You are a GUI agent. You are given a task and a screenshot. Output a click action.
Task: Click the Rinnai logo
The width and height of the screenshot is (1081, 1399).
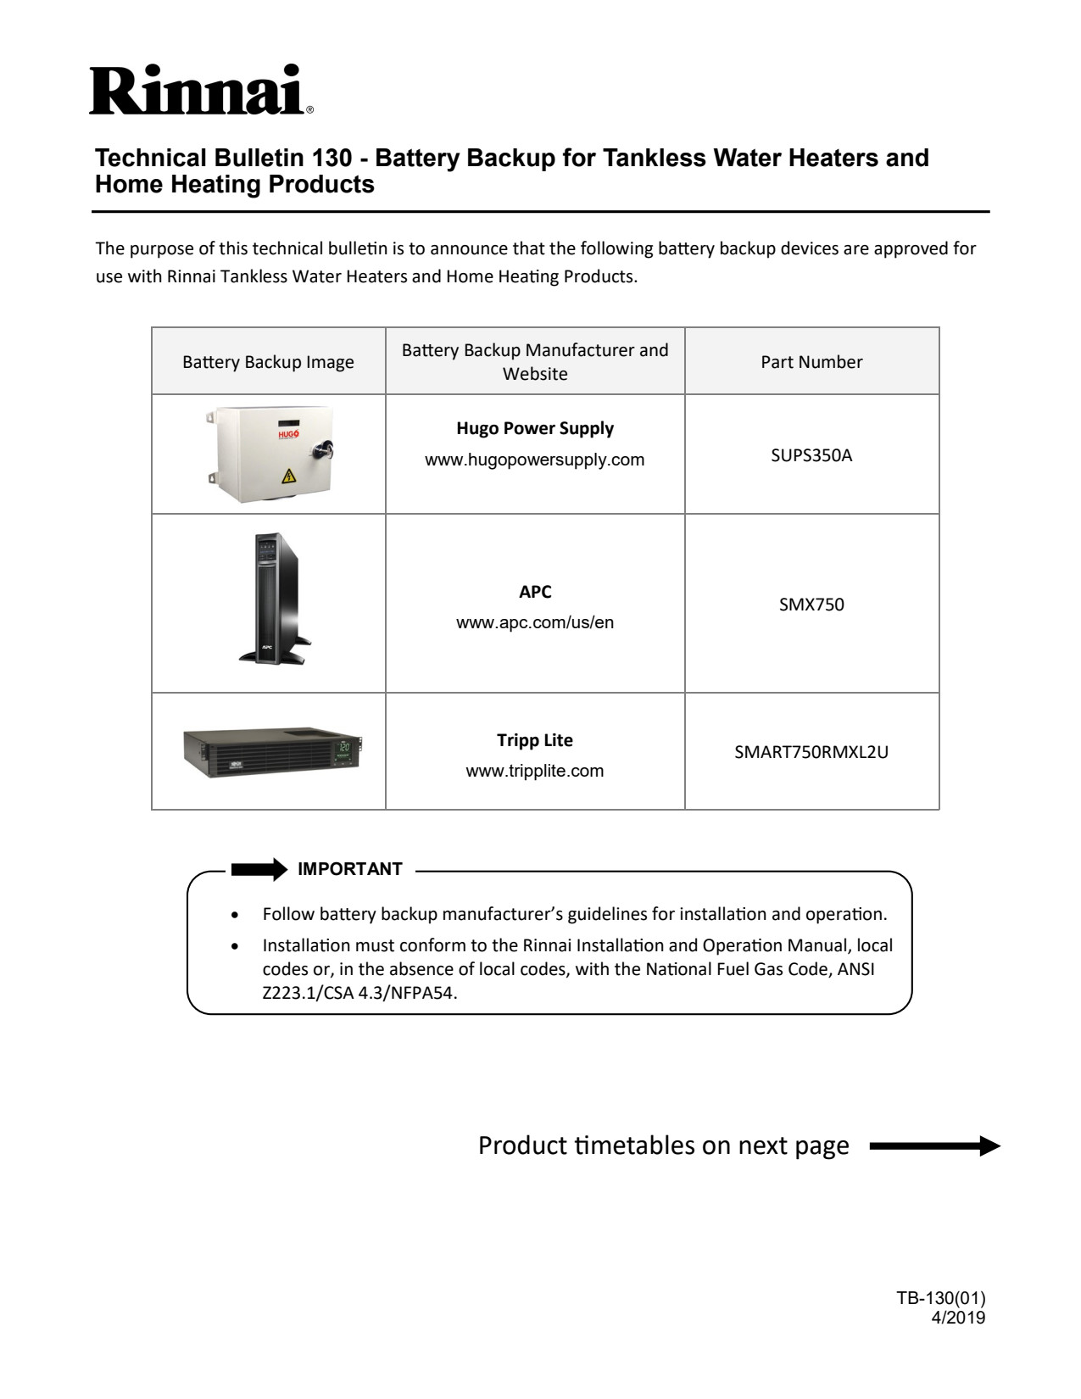click(200, 89)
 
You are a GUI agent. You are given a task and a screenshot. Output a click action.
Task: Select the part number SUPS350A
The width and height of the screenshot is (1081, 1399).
click(811, 455)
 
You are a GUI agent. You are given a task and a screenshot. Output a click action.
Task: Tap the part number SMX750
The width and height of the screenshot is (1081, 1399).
click(811, 605)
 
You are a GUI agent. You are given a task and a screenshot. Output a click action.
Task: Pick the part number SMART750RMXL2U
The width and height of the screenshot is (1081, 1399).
click(811, 751)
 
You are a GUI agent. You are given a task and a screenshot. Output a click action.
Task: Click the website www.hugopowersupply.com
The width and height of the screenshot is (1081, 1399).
click(534, 460)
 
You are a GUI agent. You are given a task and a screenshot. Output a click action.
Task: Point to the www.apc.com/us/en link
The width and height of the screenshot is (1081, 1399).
click(534, 622)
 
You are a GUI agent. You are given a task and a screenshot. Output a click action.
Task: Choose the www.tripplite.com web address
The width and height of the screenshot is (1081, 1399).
click(534, 771)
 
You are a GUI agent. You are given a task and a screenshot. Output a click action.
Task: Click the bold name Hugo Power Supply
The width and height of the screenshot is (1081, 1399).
click(534, 428)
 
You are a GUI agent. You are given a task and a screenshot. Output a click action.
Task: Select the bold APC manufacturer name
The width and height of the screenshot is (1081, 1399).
click(534, 592)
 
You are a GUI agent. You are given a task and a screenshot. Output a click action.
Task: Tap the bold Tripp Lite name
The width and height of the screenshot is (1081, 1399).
click(534, 740)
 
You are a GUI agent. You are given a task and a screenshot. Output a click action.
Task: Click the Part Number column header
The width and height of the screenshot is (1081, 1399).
click(811, 362)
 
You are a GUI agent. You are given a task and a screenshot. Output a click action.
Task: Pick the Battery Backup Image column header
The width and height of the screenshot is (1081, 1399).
click(268, 362)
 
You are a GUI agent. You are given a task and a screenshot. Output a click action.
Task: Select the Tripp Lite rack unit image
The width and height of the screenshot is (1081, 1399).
click(272, 751)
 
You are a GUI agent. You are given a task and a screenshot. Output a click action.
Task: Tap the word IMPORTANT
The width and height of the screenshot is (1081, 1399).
click(350, 869)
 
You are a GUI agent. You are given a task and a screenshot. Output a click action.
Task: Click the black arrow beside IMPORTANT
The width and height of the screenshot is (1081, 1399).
click(259, 869)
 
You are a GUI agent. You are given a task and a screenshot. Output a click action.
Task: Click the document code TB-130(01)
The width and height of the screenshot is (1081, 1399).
click(940, 1298)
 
